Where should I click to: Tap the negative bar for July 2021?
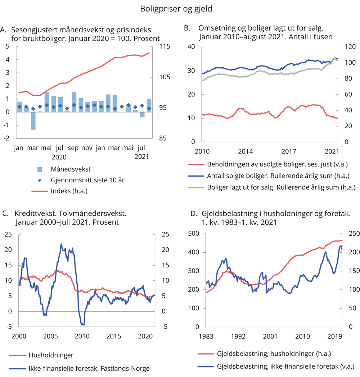tap(142, 115)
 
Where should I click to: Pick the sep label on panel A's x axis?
tap(73, 148)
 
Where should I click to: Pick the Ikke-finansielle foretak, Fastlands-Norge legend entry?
tap(88, 368)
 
